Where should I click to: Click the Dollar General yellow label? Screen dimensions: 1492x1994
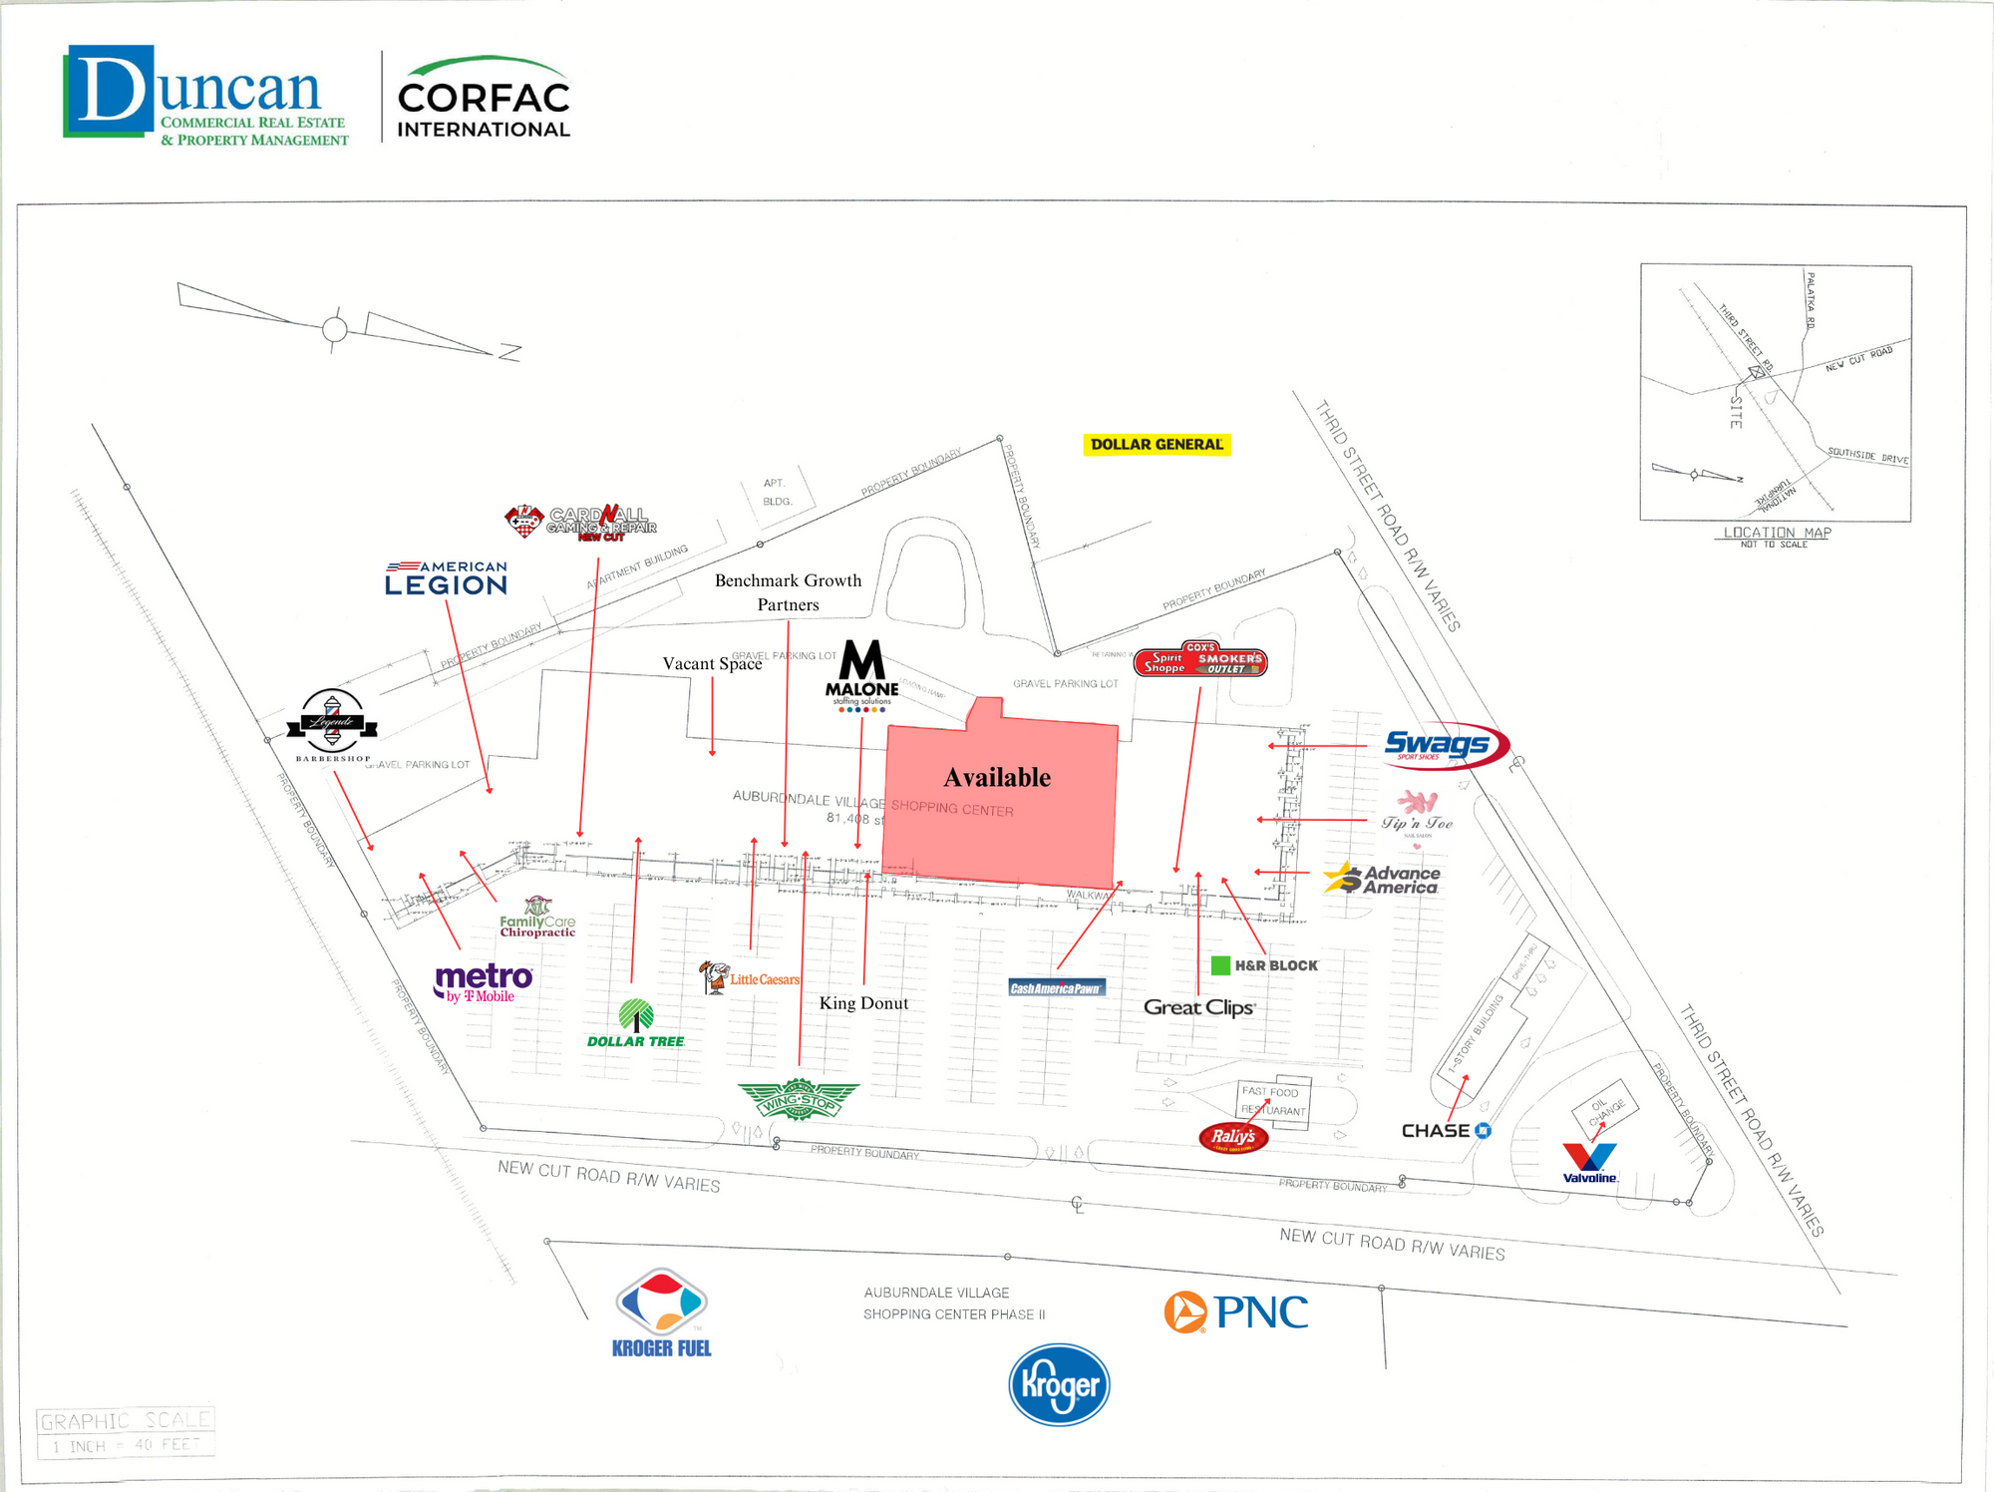coord(1157,445)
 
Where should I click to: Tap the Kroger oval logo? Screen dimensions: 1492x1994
coord(1059,1384)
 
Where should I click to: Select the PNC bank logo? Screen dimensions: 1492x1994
coord(1236,1312)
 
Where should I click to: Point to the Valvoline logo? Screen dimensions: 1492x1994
coord(1589,1163)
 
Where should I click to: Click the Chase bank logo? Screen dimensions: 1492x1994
coord(1446,1131)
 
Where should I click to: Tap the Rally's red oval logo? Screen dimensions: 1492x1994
coord(1233,1137)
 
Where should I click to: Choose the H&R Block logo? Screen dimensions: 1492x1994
coord(1264,965)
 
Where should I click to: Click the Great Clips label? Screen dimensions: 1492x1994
coord(1198,1007)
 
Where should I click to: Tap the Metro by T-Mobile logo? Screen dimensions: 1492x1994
coord(484,982)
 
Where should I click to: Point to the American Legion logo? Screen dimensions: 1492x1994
coord(447,578)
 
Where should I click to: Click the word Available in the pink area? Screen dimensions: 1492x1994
coord(997,778)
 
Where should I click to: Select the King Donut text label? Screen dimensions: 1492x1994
coord(863,1003)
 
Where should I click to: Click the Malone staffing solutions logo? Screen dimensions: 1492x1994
coord(861,676)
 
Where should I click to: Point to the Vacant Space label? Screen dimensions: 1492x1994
coord(712,664)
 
